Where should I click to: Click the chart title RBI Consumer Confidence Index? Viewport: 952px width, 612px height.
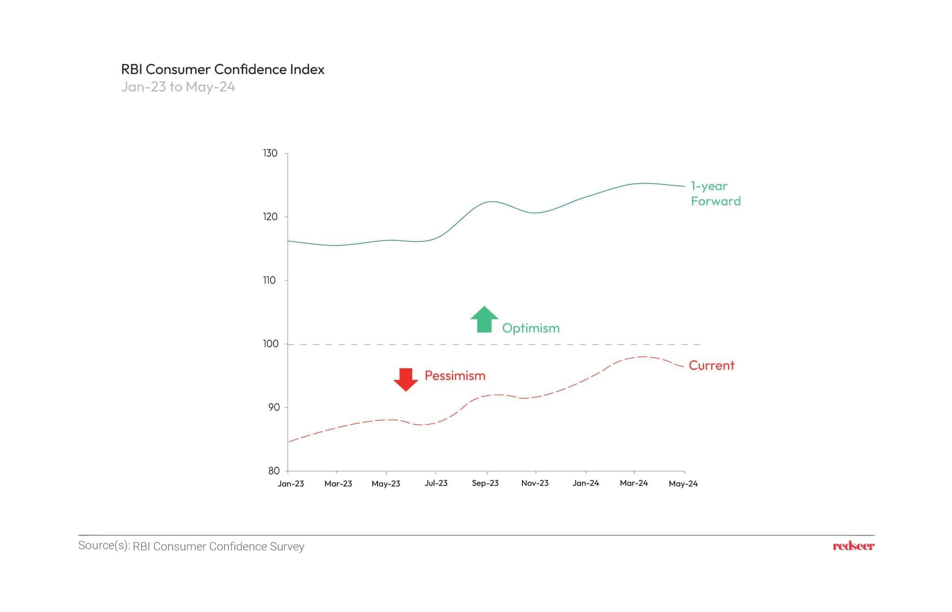223,69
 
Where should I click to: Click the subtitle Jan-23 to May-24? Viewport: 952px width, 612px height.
178,87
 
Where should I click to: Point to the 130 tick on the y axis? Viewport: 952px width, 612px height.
270,153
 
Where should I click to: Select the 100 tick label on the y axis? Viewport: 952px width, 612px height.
270,344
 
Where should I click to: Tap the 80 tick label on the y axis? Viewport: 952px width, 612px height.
273,471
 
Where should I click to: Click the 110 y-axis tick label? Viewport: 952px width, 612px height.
270,280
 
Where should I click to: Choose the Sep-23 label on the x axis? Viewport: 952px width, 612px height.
485,483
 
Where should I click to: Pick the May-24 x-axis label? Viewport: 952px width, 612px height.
683,484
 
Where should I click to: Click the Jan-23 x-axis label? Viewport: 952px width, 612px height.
291,484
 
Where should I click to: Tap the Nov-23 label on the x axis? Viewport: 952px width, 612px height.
535,483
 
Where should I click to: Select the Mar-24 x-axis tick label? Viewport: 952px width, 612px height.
634,483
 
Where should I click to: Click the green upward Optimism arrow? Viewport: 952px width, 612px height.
484,319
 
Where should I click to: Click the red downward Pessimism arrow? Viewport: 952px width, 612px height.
406,379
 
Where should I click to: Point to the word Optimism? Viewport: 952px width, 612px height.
530,328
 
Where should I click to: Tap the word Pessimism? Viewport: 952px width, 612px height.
455,376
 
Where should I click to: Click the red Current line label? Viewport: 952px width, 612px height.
711,366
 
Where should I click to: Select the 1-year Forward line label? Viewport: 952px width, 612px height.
715,193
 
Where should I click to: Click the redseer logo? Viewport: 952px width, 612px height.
853,546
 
